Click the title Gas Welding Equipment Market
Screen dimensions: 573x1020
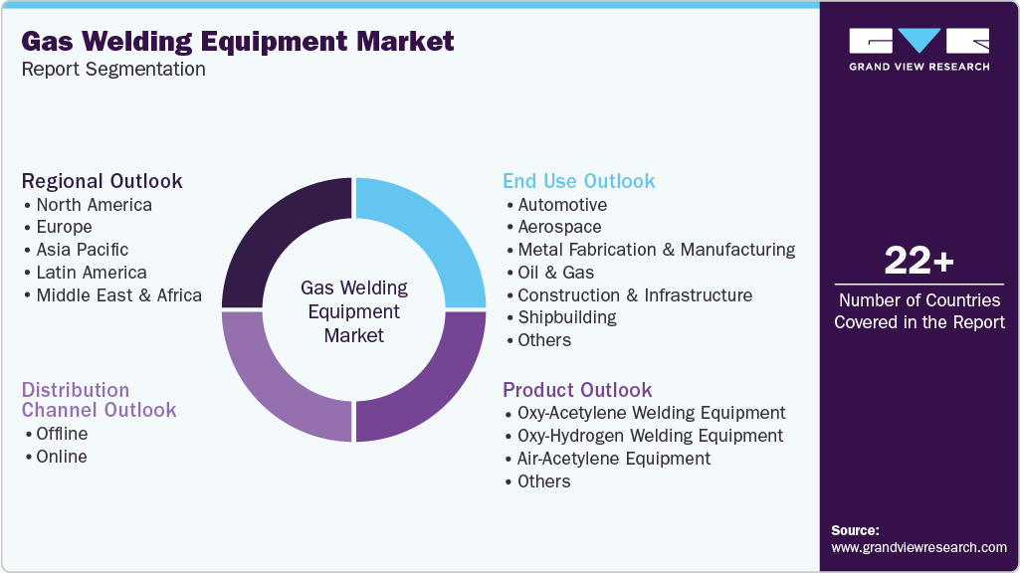pos(237,42)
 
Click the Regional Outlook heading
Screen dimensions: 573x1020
pos(102,181)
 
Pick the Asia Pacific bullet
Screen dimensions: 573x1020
pos(82,250)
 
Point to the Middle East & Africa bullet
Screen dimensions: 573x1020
pos(118,295)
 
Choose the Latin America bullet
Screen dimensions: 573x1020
pos(91,273)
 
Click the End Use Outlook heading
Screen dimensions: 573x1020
pos(578,181)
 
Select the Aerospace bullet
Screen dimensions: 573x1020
pos(559,227)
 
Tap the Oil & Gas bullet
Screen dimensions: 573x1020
pos(555,273)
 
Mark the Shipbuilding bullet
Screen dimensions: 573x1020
pos(566,317)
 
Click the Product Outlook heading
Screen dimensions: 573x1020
pos(577,390)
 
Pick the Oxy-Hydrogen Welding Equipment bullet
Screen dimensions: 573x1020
pos(650,436)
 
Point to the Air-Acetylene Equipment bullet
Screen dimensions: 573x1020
pos(613,459)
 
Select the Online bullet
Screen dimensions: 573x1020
pos(61,457)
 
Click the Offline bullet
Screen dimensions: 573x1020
pos(62,434)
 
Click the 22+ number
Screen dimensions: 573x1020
pos(918,262)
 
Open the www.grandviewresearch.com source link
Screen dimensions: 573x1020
pos(918,547)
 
